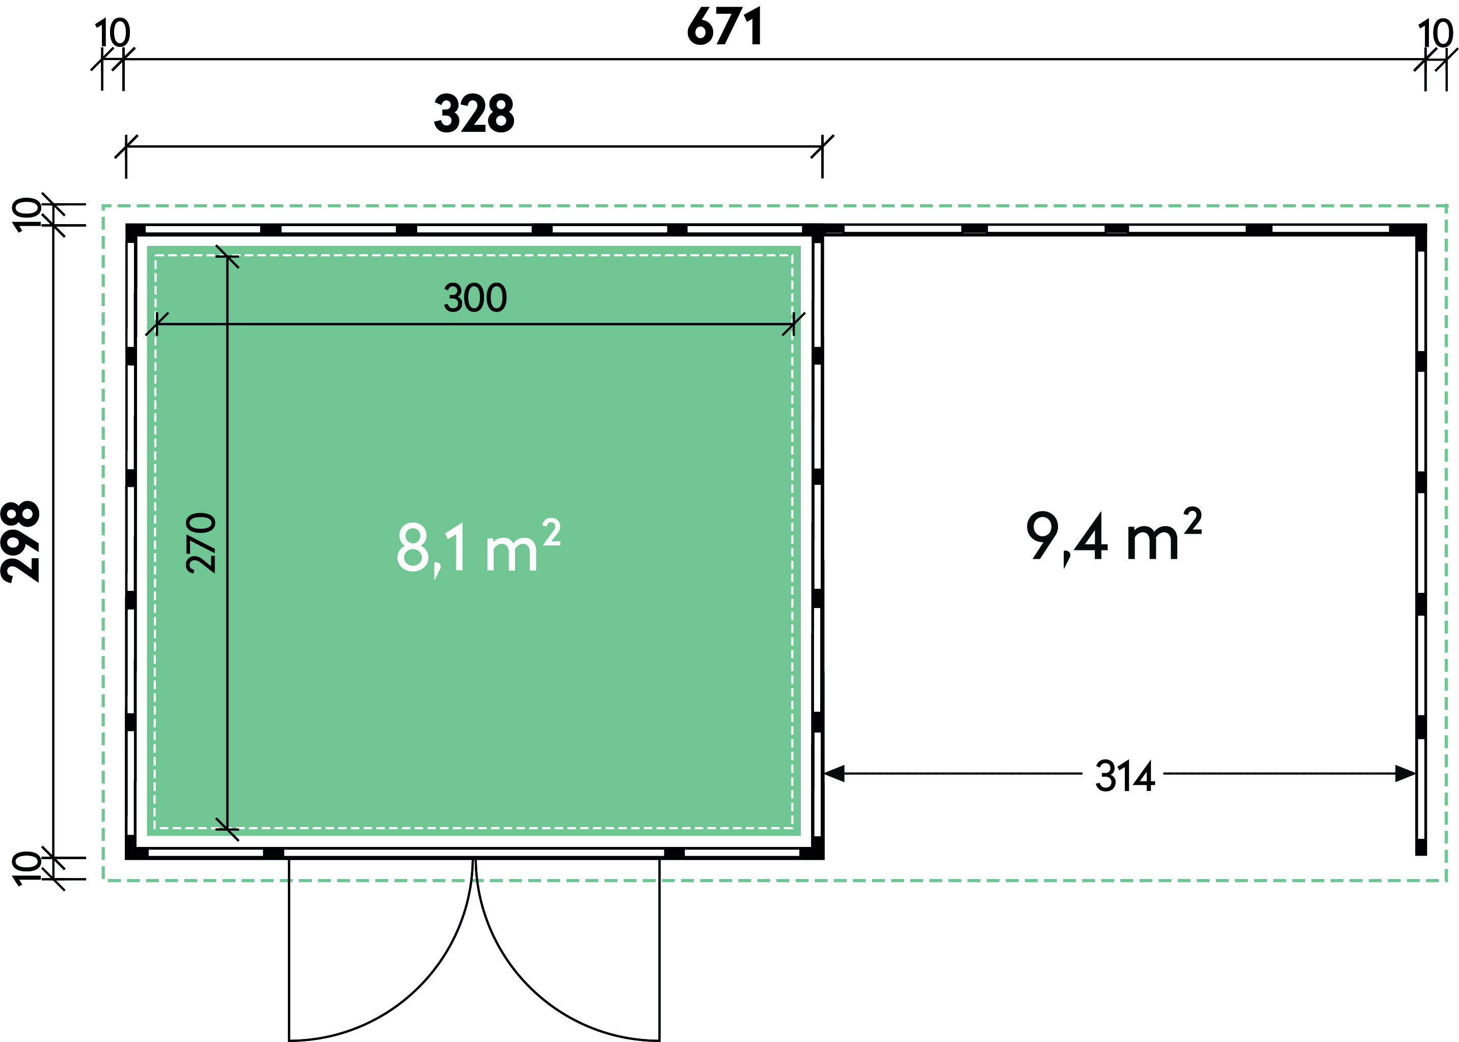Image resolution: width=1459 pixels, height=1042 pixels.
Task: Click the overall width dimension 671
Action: tap(725, 26)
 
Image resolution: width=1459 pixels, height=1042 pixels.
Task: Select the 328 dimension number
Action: tap(474, 114)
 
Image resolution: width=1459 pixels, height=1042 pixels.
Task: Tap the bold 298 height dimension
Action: tap(20, 542)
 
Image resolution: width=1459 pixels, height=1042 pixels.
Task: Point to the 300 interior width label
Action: tap(475, 298)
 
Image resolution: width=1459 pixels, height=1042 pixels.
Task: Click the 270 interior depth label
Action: tap(201, 543)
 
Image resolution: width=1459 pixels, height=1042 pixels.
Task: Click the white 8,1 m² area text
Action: tap(479, 546)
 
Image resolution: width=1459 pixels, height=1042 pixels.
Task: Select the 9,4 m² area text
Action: tap(1114, 535)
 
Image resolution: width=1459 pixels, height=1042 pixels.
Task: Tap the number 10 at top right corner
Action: tap(1435, 34)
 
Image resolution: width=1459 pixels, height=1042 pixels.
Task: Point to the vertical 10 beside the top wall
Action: tap(27, 215)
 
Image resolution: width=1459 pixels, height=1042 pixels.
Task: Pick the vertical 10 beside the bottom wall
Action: tap(27, 869)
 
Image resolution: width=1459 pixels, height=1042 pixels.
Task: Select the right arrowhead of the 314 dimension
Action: tap(1406, 773)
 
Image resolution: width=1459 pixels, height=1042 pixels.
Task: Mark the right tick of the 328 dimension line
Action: tap(822, 146)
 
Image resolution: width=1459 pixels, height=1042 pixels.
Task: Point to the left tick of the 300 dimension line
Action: tap(156, 324)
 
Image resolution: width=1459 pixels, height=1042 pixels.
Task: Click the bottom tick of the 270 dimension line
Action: tap(227, 830)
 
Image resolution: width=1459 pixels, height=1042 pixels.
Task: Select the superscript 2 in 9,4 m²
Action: tap(1193, 521)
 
